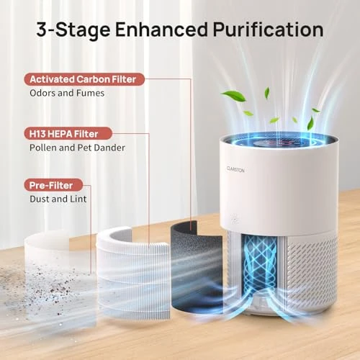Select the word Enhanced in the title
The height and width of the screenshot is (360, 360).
[148, 30]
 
